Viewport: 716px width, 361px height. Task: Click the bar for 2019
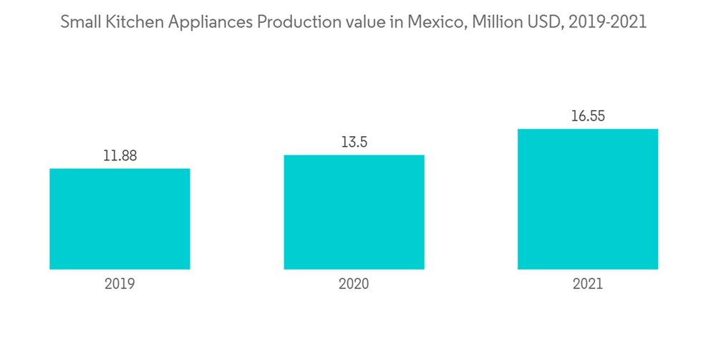(x=120, y=218)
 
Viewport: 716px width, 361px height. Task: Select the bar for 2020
(x=354, y=212)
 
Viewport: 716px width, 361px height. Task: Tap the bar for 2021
(x=588, y=199)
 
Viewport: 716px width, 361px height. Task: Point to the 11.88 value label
(x=120, y=155)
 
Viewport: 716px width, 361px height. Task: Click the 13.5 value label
(x=354, y=142)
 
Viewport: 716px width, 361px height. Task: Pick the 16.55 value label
(x=588, y=116)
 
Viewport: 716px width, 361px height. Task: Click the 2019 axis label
(x=120, y=284)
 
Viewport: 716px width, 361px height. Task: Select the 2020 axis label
(x=354, y=284)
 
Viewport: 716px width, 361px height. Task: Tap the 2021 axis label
(x=588, y=284)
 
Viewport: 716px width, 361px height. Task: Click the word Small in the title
(x=79, y=22)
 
